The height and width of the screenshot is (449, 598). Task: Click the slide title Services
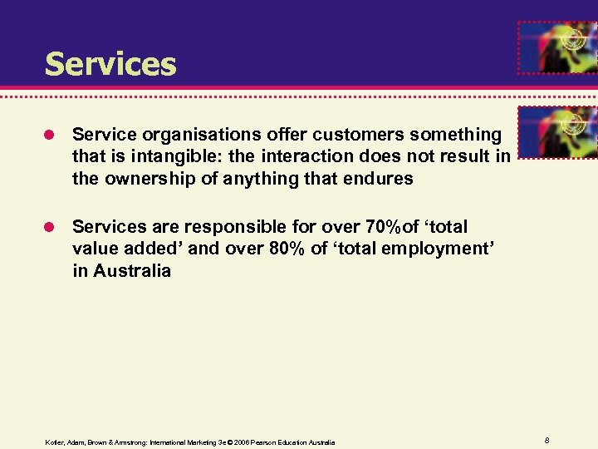pos(110,64)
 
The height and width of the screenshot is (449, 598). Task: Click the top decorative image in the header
pos(556,48)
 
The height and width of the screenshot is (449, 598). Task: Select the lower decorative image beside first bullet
pos(556,131)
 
